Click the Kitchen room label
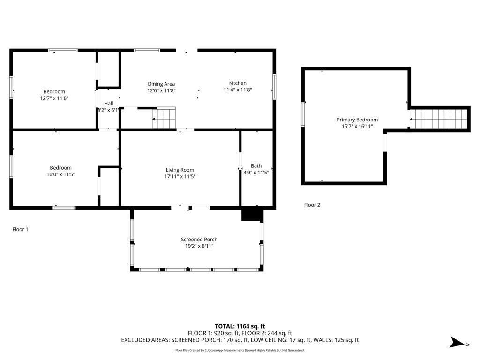tap(238, 83)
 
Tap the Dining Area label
tap(161, 84)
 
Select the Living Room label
tap(180, 170)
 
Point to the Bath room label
tap(256, 166)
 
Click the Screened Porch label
tap(199, 240)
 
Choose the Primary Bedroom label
tap(357, 120)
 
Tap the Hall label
tap(109, 104)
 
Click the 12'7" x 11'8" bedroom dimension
tap(54, 98)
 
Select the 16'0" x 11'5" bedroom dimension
tap(61, 174)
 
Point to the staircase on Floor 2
tap(439, 119)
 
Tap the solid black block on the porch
tap(252, 214)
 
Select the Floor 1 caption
tap(20, 229)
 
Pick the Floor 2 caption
tap(312, 205)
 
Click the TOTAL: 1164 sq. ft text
tap(240, 326)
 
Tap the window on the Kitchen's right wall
tap(274, 87)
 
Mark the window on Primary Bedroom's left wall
tap(303, 115)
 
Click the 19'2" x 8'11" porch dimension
tap(199, 246)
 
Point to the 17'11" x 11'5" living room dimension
tap(180, 177)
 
